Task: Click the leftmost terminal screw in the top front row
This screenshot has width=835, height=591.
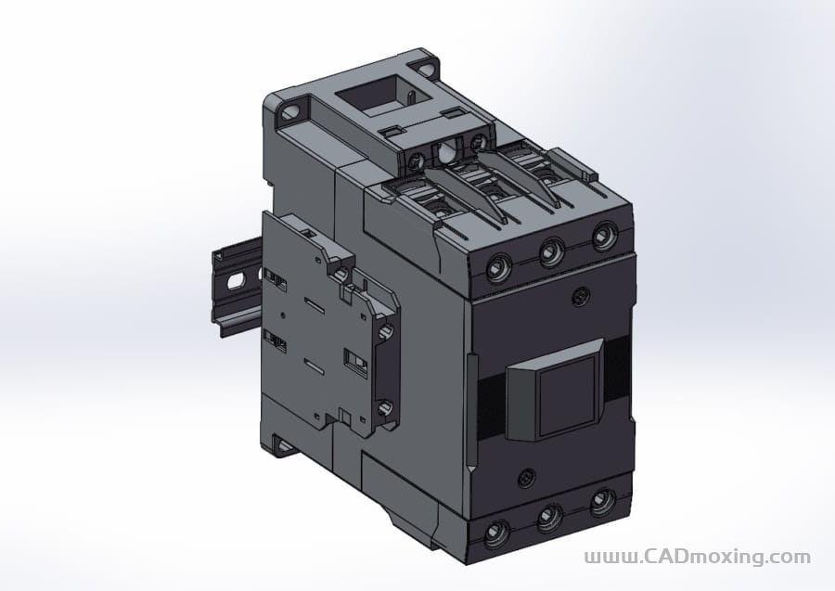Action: point(498,269)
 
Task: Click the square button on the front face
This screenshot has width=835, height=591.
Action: point(566,390)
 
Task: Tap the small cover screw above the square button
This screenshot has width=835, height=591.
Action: point(581,297)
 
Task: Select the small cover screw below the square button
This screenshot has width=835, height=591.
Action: point(527,478)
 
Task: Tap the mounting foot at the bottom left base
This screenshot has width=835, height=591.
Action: point(283,447)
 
